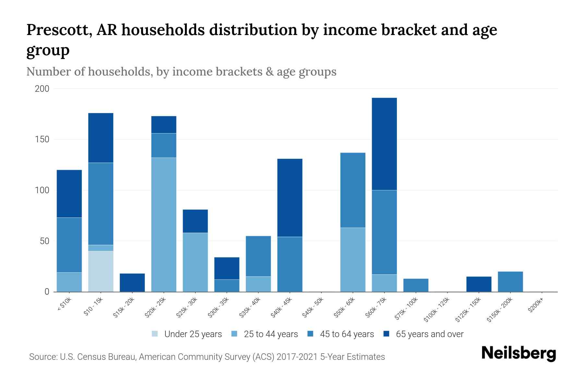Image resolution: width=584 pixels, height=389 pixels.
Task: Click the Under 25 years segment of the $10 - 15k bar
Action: point(101,271)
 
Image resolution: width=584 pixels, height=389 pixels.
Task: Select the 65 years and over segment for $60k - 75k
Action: point(384,144)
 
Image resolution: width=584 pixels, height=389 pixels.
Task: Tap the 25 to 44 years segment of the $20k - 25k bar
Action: point(164,225)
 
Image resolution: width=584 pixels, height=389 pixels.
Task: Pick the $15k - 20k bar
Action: point(132,283)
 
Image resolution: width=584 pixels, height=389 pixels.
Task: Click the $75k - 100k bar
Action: point(416,285)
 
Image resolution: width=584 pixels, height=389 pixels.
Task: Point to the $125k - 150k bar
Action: point(479,284)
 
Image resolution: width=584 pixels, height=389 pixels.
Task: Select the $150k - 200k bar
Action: point(510,282)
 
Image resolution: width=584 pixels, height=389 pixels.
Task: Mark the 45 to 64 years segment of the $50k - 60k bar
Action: point(353,190)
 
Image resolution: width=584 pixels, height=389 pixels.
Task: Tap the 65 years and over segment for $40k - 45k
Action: point(290,198)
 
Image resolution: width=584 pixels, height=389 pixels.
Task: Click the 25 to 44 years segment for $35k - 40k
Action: point(258,284)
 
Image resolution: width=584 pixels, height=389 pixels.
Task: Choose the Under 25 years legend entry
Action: point(187,334)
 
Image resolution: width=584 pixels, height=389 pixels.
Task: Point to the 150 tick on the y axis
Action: point(42,139)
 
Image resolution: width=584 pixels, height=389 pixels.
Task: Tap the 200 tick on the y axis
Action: point(42,88)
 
